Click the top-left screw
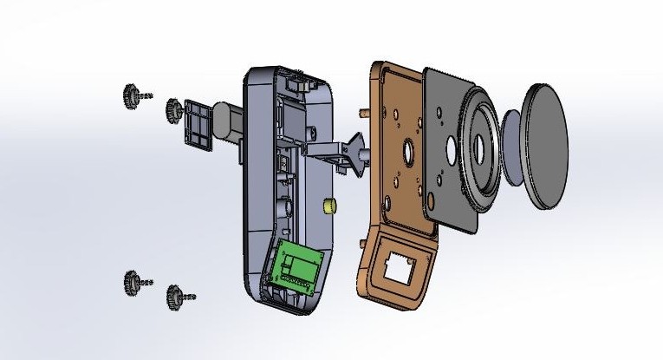[x=132, y=94]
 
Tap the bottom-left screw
[x=133, y=281]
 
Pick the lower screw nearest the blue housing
[x=175, y=295]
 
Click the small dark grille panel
[x=197, y=124]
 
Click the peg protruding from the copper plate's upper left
[x=364, y=111]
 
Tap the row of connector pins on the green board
[x=299, y=281]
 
